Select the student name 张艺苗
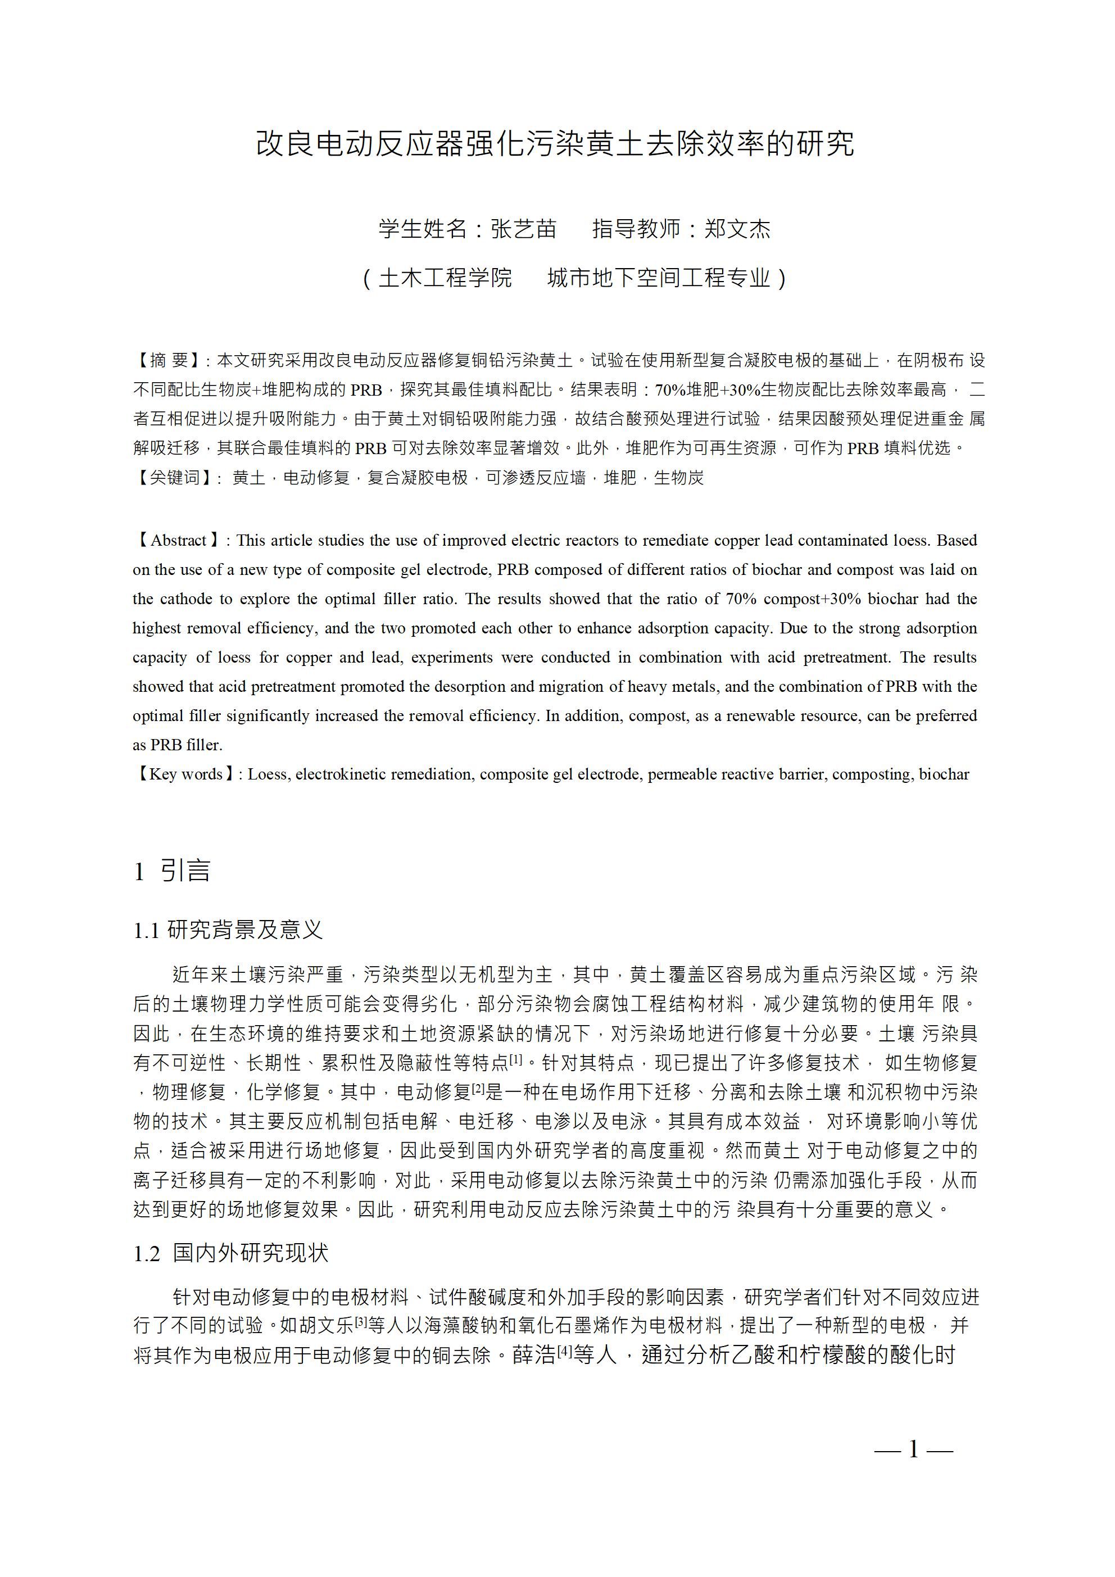point(523,229)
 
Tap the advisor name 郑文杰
point(737,229)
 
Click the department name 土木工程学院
point(445,278)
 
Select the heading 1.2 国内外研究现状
point(231,1253)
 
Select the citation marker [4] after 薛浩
point(564,1352)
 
